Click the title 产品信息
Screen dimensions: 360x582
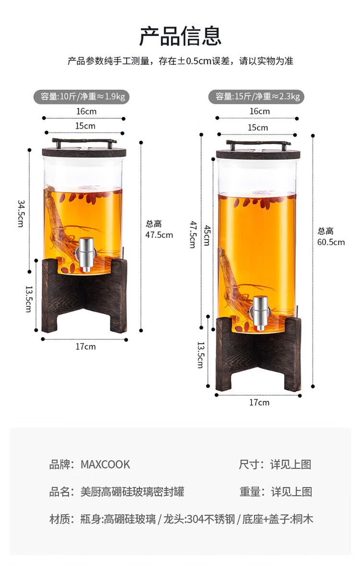coord(180,36)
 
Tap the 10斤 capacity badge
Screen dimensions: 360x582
coord(82,97)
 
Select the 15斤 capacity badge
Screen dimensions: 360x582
coord(256,97)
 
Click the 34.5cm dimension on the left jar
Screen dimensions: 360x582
coord(21,213)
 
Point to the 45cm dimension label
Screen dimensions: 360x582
coord(207,235)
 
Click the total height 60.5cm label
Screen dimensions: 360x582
coord(331,237)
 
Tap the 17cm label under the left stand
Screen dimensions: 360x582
coord(86,347)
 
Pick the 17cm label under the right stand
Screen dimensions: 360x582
coord(259,402)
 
